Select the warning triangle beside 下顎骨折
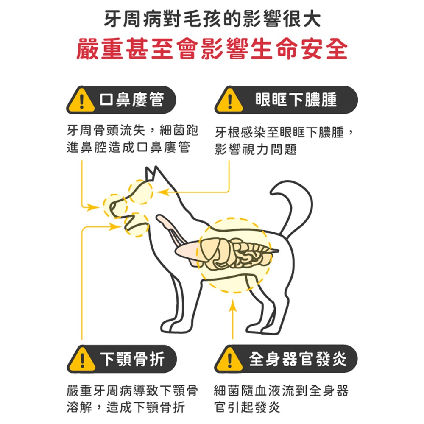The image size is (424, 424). click(82, 359)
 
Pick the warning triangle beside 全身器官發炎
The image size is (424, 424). click(229, 359)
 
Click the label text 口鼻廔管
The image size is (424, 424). click(132, 100)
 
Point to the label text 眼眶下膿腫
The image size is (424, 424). click(296, 100)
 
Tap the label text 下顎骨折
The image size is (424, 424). click(132, 359)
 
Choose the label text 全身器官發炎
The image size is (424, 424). click(298, 359)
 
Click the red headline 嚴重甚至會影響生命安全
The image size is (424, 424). click(212, 49)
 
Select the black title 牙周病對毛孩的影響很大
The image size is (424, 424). click(212, 19)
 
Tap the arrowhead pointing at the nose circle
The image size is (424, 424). click(93, 208)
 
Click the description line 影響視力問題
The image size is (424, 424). click(256, 149)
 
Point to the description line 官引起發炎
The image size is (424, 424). click(247, 407)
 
